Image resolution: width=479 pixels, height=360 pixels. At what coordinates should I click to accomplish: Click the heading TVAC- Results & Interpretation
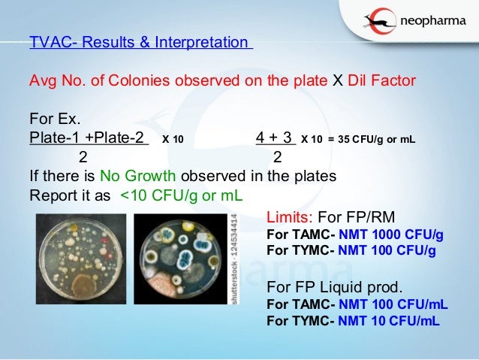click(140, 42)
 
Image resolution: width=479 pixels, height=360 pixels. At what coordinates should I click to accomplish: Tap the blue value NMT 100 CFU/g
click(387, 250)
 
